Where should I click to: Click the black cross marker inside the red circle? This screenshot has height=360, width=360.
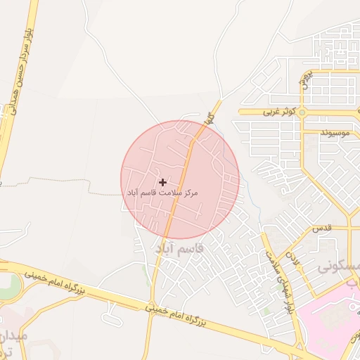[x=163, y=182]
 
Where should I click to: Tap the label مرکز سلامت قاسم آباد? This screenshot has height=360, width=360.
[x=163, y=192]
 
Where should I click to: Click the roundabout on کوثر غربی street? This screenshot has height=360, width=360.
[x=302, y=112]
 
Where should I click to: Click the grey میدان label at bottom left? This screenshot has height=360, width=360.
[x=13, y=336]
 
